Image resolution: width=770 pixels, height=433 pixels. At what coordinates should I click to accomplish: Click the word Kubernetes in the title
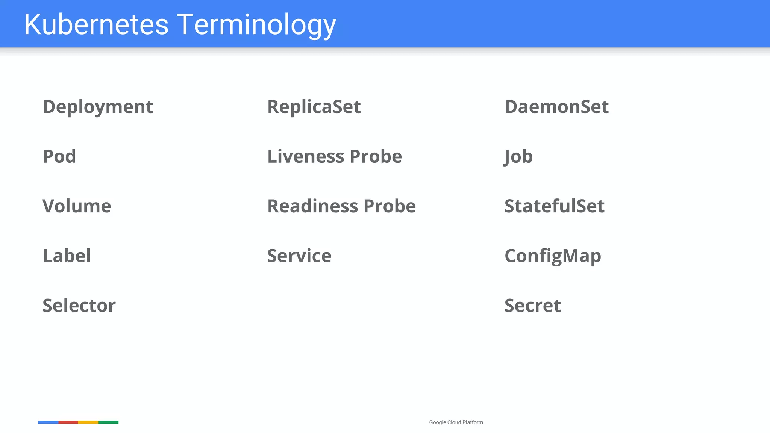point(96,24)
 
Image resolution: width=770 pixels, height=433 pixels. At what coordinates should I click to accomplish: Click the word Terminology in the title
point(256,24)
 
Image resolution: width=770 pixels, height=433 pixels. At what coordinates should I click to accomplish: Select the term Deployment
point(98,107)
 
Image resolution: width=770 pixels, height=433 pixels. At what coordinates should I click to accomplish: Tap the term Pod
point(59,156)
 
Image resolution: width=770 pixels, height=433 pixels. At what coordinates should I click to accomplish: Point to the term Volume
point(77,206)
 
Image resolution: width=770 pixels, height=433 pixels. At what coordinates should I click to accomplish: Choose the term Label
point(67,256)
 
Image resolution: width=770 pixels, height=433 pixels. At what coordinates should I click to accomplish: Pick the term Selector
point(79,306)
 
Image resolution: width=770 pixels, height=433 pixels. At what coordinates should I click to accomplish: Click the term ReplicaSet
point(314,107)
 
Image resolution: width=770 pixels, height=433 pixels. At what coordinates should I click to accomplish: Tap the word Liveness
point(305,156)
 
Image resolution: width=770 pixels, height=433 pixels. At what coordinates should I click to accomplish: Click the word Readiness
point(312,206)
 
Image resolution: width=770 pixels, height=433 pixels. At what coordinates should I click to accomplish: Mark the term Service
point(299,256)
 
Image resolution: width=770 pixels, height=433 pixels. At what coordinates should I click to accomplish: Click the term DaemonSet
point(556,107)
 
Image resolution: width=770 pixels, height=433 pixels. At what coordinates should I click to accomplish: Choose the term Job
point(518,156)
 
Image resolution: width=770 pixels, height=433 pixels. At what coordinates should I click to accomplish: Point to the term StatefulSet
point(554,206)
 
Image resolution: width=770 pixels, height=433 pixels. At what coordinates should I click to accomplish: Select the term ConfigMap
point(553,256)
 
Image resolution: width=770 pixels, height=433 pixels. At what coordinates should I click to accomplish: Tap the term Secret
point(532,306)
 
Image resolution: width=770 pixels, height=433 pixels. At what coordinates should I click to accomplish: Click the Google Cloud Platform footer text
point(456,422)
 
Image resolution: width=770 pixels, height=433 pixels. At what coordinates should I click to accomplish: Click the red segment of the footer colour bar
point(68,422)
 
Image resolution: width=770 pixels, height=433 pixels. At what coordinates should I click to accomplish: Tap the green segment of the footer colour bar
point(108,422)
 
